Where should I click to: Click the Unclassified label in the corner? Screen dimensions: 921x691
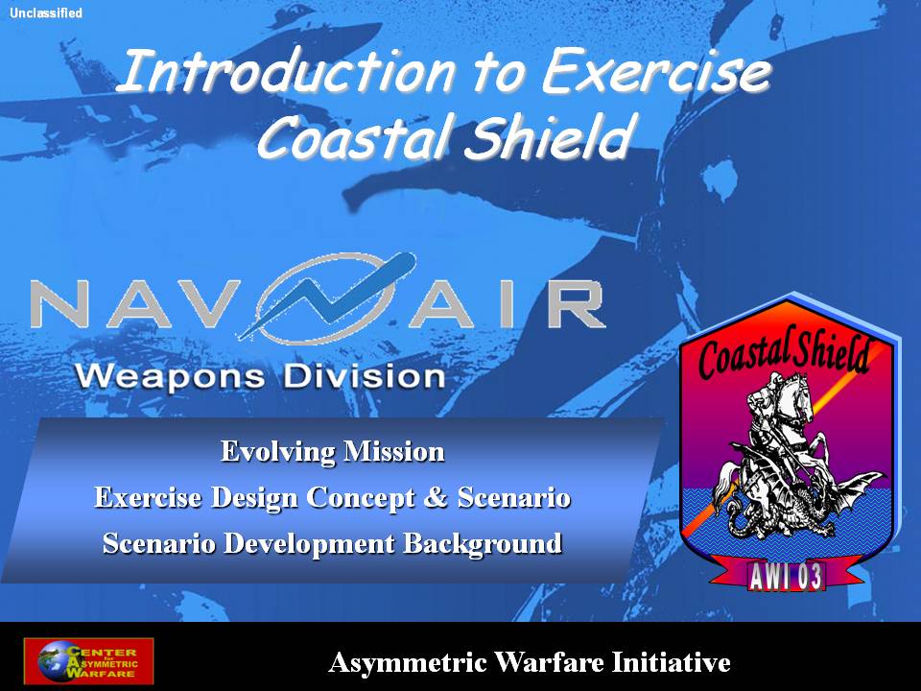coord(46,12)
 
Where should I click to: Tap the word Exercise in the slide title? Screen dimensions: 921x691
coord(655,72)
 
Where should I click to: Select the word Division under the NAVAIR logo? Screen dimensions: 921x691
coord(365,376)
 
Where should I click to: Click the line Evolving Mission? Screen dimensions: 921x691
coord(333,451)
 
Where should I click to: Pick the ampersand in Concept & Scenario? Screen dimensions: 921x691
coord(436,497)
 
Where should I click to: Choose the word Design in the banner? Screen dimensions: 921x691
coord(254,498)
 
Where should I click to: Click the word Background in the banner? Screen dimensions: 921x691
coord(483,543)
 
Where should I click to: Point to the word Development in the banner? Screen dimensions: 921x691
coord(309,544)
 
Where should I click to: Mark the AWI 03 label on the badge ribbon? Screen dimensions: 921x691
coord(786,577)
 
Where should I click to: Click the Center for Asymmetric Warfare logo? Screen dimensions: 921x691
coord(88,661)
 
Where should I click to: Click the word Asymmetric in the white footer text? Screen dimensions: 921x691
coord(408,663)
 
